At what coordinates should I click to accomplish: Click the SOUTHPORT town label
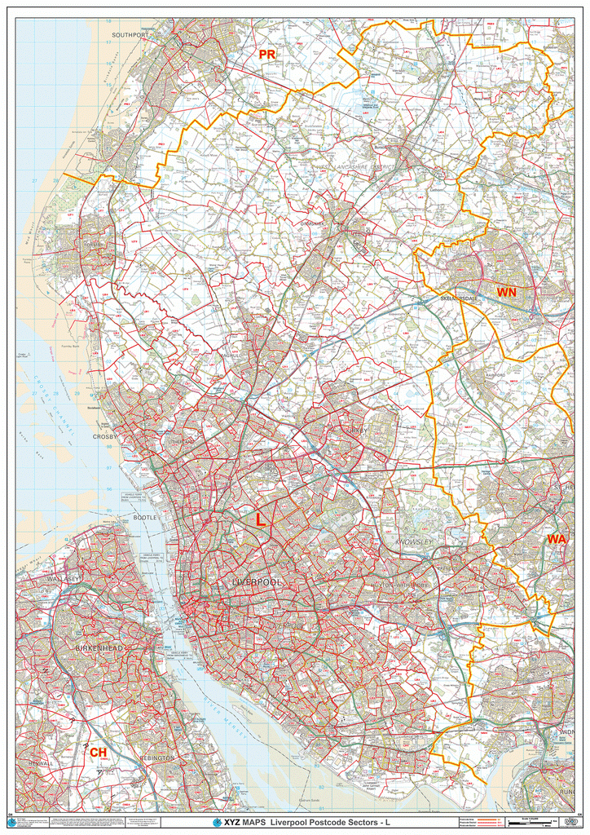pos(130,36)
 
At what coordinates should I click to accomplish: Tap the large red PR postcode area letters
pos(267,55)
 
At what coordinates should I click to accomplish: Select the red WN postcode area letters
pos(507,292)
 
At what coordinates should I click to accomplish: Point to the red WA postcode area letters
pos(557,539)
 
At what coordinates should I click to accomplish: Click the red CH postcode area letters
pos(98,752)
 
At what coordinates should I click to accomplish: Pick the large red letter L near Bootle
pos(260,519)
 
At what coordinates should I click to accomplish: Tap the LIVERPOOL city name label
pos(257,583)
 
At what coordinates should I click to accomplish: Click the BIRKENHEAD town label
pos(99,647)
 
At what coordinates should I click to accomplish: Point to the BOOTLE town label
pos(146,518)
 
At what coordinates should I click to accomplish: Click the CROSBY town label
pos(106,436)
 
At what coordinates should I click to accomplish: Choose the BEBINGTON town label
pos(157,758)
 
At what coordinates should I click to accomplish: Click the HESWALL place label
pos(40,763)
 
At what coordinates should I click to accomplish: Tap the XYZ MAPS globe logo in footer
pos(217,823)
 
